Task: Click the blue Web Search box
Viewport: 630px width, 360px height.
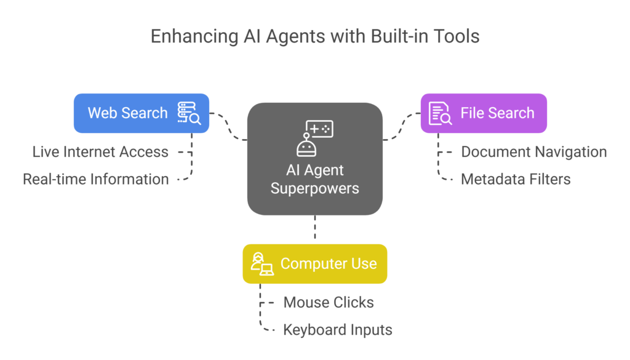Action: [x=141, y=113]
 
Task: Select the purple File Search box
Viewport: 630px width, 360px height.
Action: [x=484, y=113]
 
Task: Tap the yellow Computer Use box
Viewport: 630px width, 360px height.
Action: [x=314, y=264]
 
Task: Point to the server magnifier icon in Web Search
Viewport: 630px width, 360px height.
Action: [x=189, y=113]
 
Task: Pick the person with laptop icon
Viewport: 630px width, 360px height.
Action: [x=261, y=264]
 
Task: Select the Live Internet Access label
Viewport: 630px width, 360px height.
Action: [x=100, y=152]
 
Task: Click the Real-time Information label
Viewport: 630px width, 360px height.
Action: [x=95, y=180]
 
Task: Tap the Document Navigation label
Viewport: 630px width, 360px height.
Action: [x=533, y=152]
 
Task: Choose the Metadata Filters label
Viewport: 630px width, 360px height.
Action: [x=516, y=180]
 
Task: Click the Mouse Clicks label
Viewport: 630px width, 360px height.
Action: [x=328, y=303]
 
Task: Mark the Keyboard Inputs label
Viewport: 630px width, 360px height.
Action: [x=337, y=330]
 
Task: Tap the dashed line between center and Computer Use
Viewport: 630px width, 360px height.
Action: [x=315, y=230]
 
